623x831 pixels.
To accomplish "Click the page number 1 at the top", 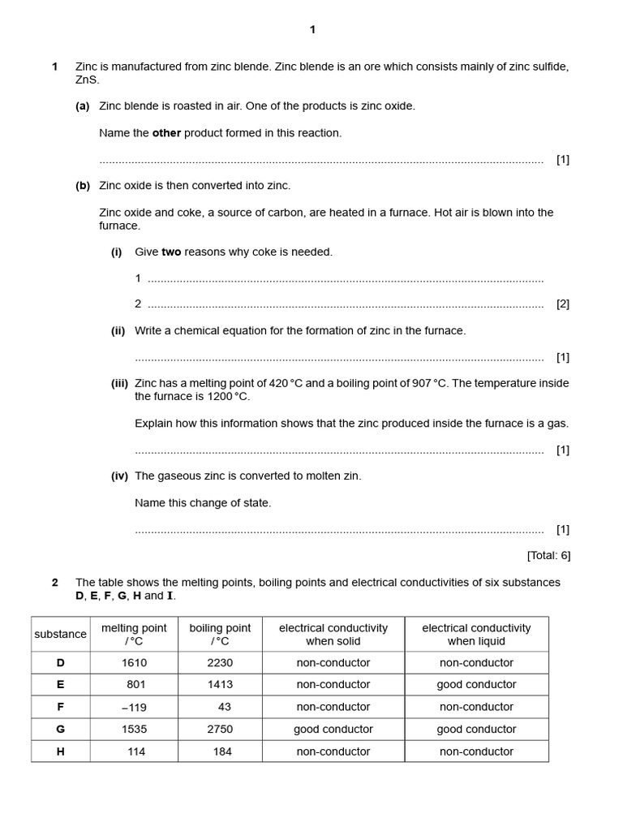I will pos(312,30).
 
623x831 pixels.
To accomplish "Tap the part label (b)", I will pos(83,186).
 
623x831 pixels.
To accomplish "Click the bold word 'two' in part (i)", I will pos(171,252).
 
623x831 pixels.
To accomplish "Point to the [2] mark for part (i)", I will pos(562,304).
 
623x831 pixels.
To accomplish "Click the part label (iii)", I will pos(119,383).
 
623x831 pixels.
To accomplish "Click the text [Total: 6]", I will pos(548,556).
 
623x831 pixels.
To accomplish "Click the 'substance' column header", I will pos(60,635).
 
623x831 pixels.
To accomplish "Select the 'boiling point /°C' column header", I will pos(220,635).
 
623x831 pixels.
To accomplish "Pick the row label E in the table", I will pos(60,685).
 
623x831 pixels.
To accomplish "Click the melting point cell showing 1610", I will pos(135,663).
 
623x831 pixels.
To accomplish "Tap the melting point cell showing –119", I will pos(135,707).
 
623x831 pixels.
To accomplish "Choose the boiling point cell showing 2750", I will pos(220,730).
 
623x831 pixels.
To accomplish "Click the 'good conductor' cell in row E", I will pos(476,685).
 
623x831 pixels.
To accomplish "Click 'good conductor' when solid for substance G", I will pos(333,730).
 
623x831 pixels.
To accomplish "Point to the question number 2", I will pos(55,583).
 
